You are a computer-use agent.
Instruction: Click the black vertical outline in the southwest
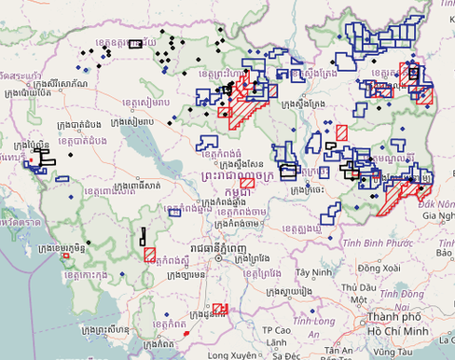click(143, 237)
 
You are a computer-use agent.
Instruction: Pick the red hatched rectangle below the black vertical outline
click(149, 254)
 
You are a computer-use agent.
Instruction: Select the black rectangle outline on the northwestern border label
click(135, 43)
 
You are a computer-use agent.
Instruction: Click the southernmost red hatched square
click(220, 309)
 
